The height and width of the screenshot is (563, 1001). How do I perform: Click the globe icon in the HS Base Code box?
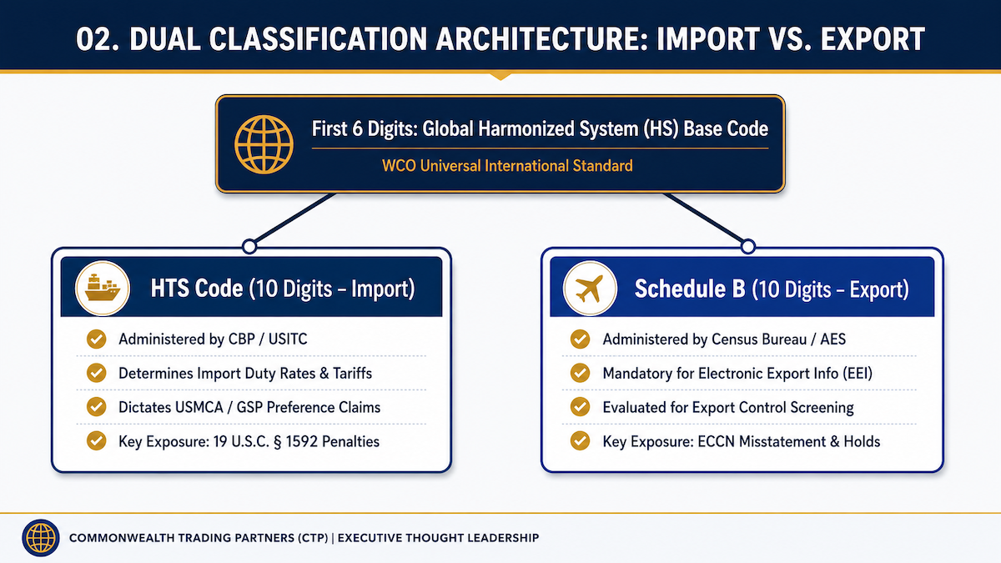click(x=264, y=144)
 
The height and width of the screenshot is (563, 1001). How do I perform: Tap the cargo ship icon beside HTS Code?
click(x=103, y=289)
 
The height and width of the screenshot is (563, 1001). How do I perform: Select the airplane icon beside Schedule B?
click(x=590, y=289)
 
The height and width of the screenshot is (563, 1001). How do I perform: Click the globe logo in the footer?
click(x=41, y=537)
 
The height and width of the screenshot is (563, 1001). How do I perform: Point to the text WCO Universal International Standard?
click(x=507, y=166)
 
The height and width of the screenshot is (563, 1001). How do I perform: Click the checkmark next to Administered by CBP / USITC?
click(x=97, y=339)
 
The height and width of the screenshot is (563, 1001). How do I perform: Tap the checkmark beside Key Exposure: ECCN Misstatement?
click(x=580, y=441)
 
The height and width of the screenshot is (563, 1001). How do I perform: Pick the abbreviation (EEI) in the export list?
click(x=858, y=374)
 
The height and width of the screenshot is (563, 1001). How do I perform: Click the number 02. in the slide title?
click(x=98, y=39)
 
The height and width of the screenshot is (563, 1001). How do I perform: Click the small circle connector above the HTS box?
click(x=249, y=246)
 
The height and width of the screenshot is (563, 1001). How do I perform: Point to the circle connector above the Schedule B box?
click(x=748, y=246)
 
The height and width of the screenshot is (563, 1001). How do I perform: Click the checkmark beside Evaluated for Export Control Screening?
click(x=580, y=407)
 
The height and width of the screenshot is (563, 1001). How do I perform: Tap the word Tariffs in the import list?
click(x=353, y=373)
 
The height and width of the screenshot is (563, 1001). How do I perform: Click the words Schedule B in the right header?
click(x=690, y=289)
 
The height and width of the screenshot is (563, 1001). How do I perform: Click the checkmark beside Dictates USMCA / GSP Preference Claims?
click(x=97, y=407)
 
